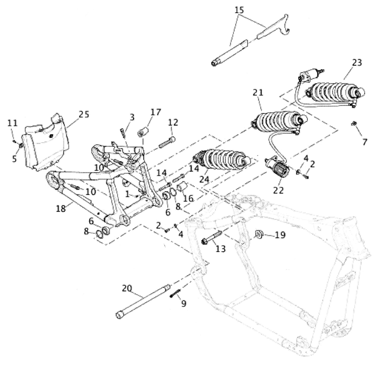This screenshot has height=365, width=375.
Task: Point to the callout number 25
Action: coord(83,113)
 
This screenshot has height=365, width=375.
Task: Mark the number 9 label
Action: coord(184,304)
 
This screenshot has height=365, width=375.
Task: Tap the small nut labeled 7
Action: coord(354,124)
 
